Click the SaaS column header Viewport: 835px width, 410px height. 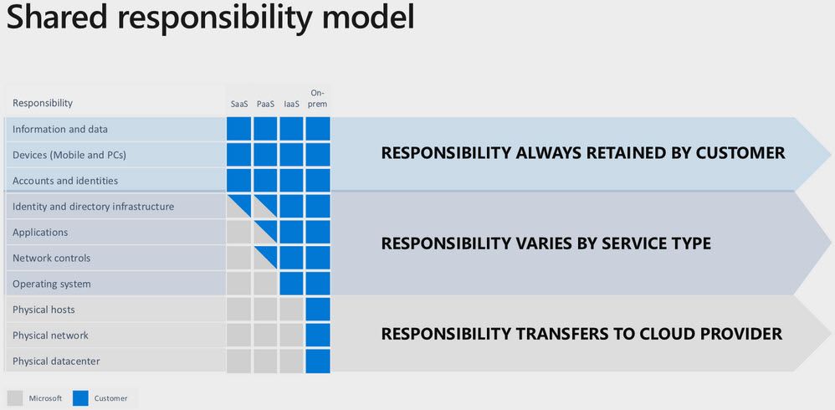click(238, 104)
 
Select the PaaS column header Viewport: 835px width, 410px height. click(265, 104)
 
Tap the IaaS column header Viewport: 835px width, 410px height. click(291, 104)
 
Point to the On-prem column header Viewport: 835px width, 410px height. click(318, 98)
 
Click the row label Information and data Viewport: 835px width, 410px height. click(59, 130)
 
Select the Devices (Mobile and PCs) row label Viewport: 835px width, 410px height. click(69, 155)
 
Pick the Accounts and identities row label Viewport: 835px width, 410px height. click(64, 181)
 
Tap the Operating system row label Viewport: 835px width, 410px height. click(51, 284)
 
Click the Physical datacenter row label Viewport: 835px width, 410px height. click(56, 361)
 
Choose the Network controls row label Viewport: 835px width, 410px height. click(51, 258)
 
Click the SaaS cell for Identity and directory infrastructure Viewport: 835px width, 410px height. click(238, 207)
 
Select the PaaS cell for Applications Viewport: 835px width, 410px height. click(265, 233)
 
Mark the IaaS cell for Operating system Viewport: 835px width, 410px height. click(291, 284)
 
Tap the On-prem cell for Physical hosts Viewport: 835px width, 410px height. click(318, 310)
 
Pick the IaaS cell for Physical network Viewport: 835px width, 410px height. click(291, 336)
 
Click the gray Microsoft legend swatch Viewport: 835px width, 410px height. click(15, 397)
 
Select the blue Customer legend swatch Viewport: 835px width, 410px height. click(81, 397)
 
